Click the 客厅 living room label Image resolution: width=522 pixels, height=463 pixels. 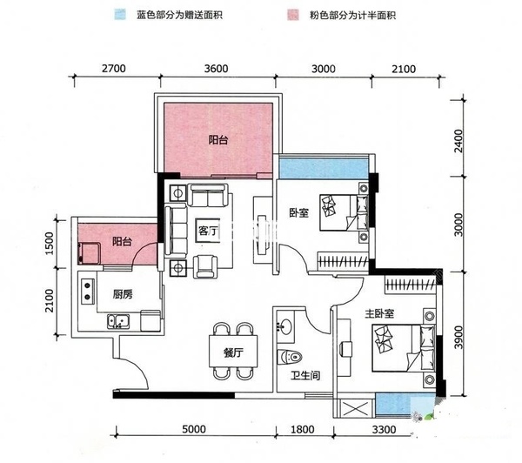click(207, 231)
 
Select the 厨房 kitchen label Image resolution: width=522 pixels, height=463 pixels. click(122, 294)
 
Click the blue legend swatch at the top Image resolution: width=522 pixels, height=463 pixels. click(116, 15)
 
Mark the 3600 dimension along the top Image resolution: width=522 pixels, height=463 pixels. click(216, 68)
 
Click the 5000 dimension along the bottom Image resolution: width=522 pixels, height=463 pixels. click(193, 428)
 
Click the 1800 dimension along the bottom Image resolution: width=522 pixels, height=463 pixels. click(302, 428)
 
